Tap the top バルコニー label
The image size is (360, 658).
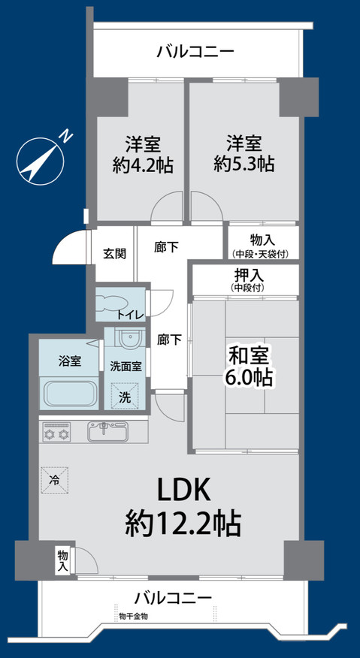point(195,52)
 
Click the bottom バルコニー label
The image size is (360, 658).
point(174,598)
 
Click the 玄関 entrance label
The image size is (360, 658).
point(114,253)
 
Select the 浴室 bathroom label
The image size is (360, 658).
point(69,361)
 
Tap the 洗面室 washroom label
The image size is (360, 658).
point(126,367)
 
